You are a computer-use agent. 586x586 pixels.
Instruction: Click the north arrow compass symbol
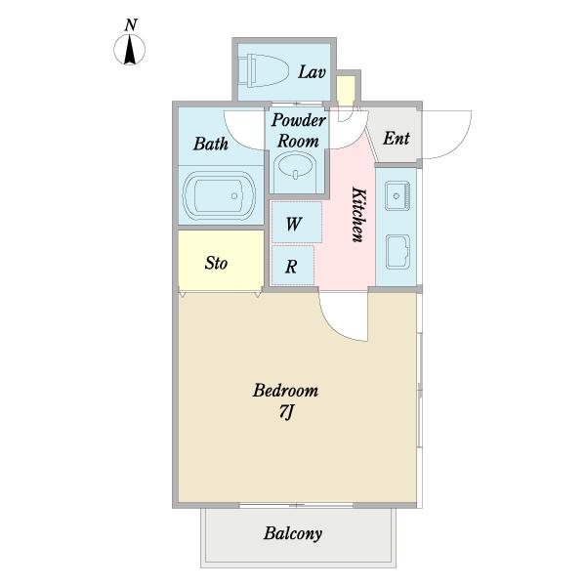click(x=129, y=49)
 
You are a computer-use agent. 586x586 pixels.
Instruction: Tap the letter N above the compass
click(x=131, y=25)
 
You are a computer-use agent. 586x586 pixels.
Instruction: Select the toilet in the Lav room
click(x=264, y=70)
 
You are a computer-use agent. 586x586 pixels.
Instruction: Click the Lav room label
click(x=312, y=72)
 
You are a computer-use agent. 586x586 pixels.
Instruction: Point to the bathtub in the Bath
click(x=220, y=196)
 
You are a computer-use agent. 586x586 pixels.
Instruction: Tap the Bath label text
click(x=211, y=144)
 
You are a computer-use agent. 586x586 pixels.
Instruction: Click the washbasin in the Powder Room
click(x=296, y=167)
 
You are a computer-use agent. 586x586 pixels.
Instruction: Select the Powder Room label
click(x=298, y=131)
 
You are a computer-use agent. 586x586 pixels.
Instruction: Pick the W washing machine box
click(x=296, y=223)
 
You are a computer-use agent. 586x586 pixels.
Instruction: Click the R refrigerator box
click(x=293, y=266)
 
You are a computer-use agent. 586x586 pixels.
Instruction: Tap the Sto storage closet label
click(x=216, y=263)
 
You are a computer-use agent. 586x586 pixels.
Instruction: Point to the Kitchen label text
click(x=358, y=215)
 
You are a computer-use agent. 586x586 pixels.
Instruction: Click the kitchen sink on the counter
click(x=398, y=196)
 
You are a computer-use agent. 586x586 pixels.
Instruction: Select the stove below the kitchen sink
click(x=398, y=252)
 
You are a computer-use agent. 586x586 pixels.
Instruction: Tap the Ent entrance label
click(x=397, y=139)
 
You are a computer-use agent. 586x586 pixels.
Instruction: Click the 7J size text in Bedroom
click(x=286, y=412)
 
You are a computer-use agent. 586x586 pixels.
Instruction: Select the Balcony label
click(x=293, y=533)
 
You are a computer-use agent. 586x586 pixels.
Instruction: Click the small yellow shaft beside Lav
click(x=346, y=89)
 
